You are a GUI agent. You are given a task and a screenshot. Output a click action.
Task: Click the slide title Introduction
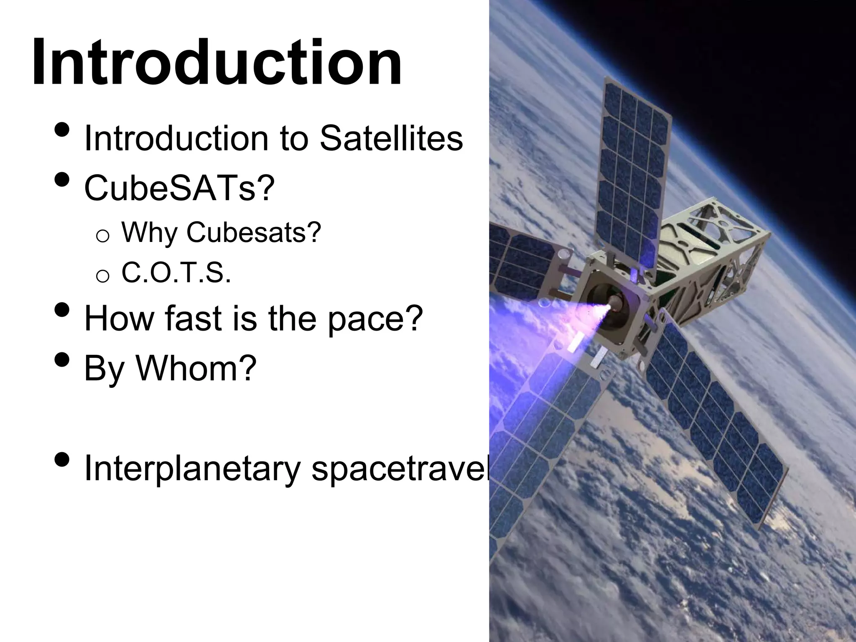pos(217,63)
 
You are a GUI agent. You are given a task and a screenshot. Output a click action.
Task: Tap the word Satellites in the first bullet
pos(391,139)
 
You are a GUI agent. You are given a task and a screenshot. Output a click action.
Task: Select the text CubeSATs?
pos(179,188)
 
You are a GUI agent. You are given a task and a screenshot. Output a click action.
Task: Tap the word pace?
pos(375,319)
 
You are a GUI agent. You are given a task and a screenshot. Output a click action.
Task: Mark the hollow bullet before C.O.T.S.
pos(102,276)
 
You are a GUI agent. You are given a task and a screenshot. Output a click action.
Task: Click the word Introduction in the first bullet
pos(176,139)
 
